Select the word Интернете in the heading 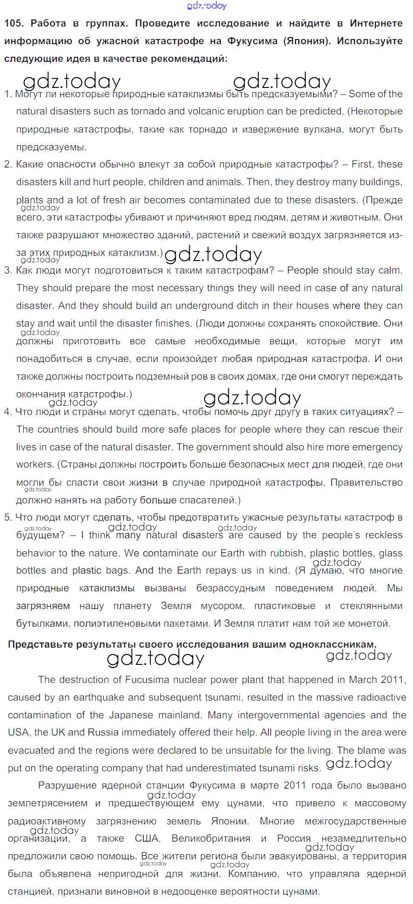[x=376, y=23]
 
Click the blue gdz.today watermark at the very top [x=206, y=6]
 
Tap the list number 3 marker [x=7, y=270]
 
